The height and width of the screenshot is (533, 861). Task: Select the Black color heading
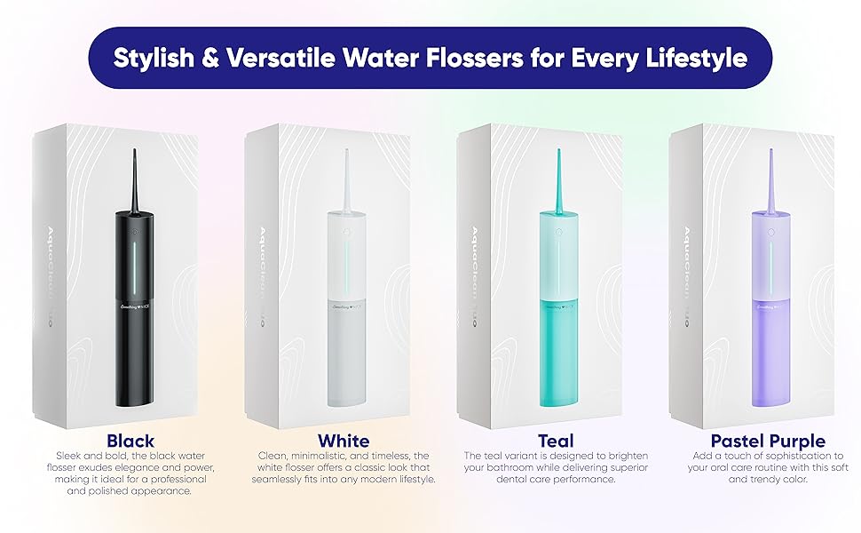pyautogui.click(x=130, y=441)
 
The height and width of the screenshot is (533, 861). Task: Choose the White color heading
pyautogui.click(x=344, y=441)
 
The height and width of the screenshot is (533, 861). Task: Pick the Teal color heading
pyautogui.click(x=556, y=441)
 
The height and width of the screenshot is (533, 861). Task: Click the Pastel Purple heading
pyautogui.click(x=768, y=441)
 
